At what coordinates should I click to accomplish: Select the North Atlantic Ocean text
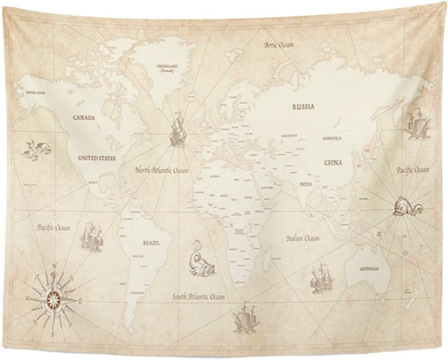[162, 169]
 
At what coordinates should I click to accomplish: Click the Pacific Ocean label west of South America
[54, 228]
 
